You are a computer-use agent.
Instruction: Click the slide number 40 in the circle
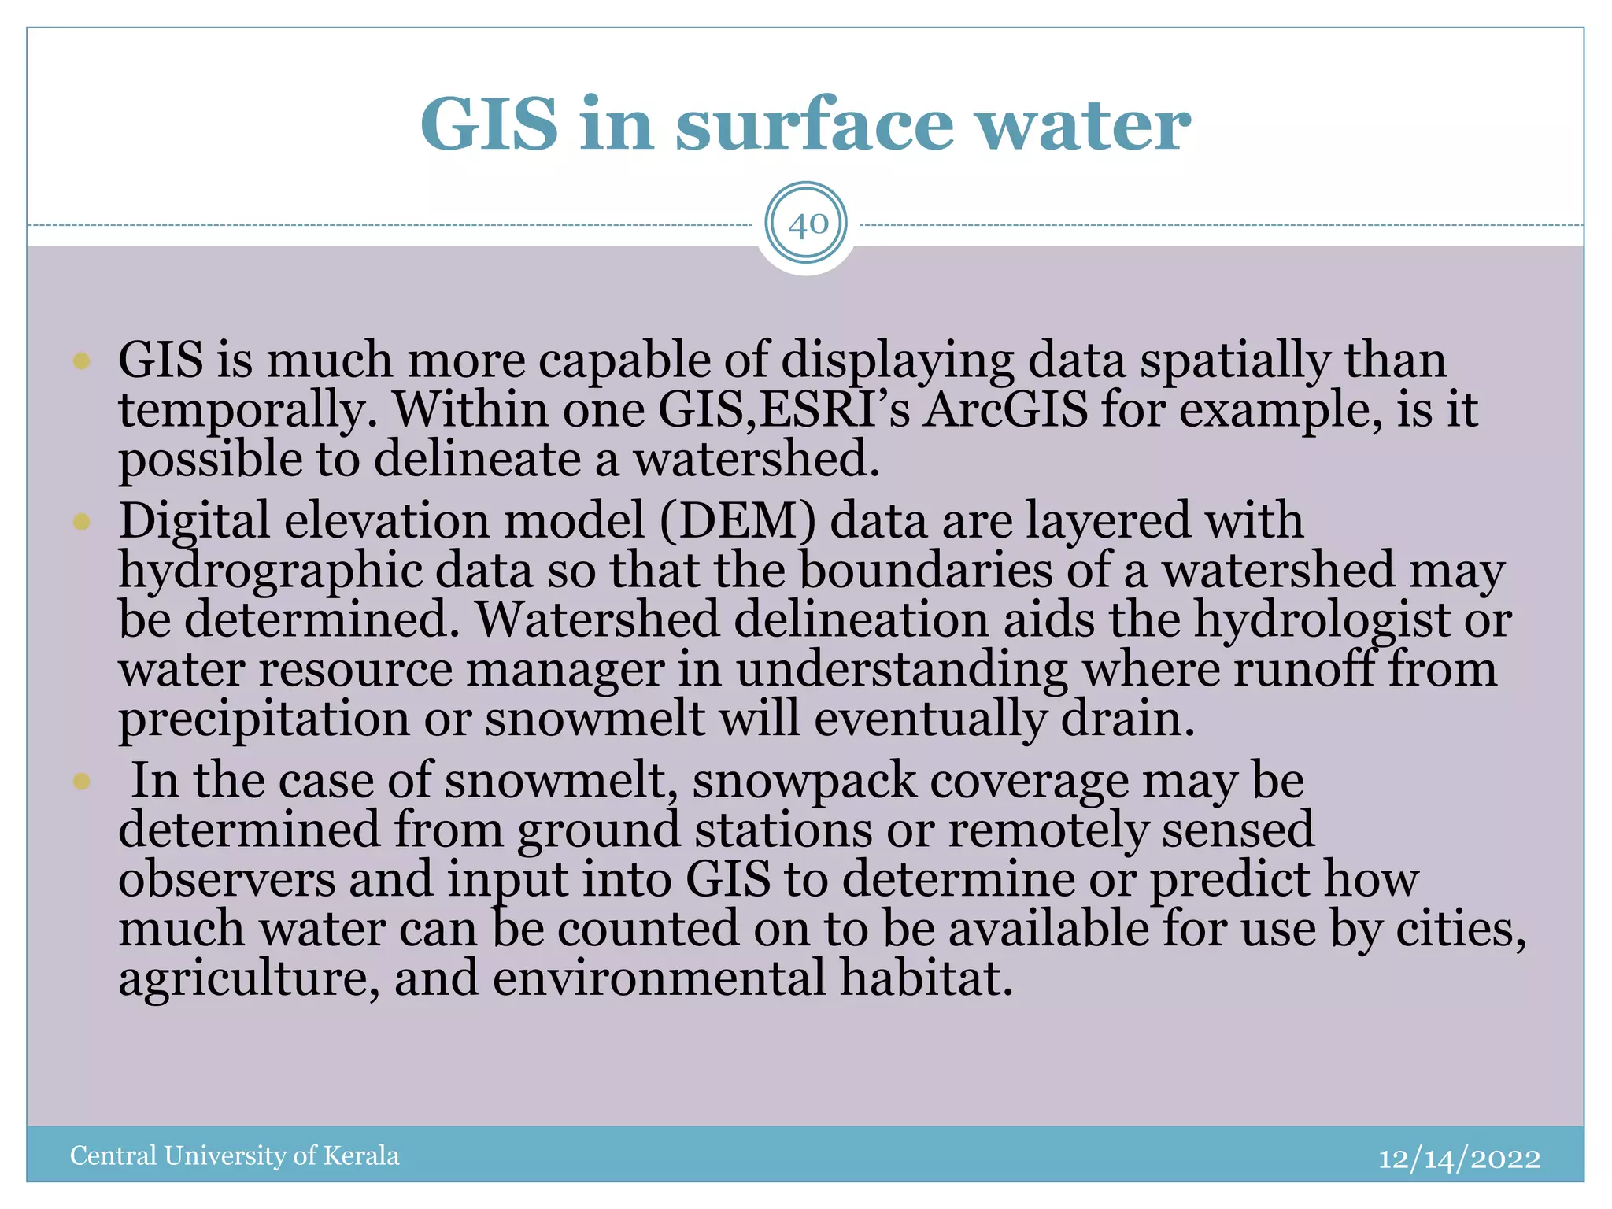(807, 224)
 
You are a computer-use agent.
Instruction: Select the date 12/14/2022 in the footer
(1459, 1158)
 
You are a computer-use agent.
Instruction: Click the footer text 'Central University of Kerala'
(235, 1155)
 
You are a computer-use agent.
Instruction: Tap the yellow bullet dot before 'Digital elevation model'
(82, 522)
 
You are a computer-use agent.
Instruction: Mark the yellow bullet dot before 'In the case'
(82, 781)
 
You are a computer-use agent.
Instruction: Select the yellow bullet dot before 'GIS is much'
(82, 361)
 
